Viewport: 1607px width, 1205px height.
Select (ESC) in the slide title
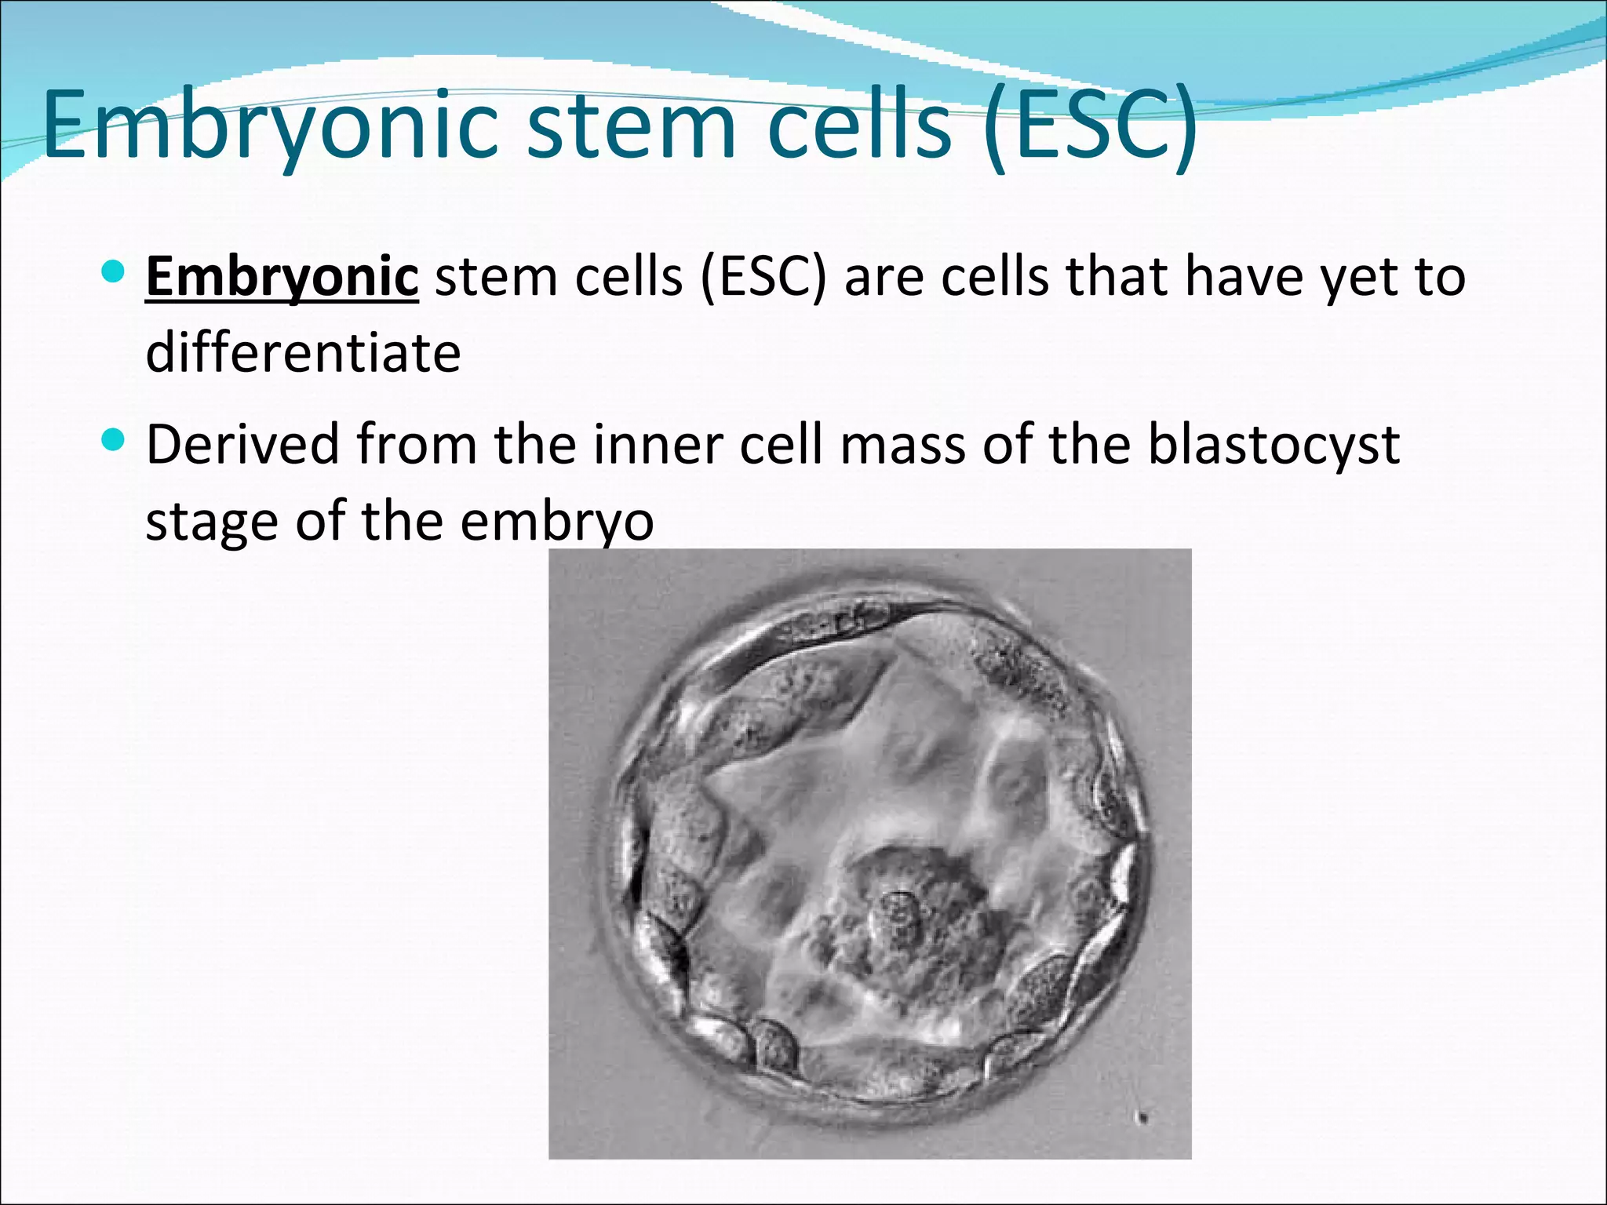[x=1091, y=126]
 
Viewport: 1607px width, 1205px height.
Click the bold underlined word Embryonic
[x=282, y=277]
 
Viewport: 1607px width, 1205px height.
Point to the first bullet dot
[x=114, y=272]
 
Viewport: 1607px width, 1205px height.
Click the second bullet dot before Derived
[x=114, y=440]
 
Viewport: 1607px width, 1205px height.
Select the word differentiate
[x=303, y=353]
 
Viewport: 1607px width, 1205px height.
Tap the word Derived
[x=242, y=444]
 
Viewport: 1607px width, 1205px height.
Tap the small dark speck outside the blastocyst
[x=1143, y=1117]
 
